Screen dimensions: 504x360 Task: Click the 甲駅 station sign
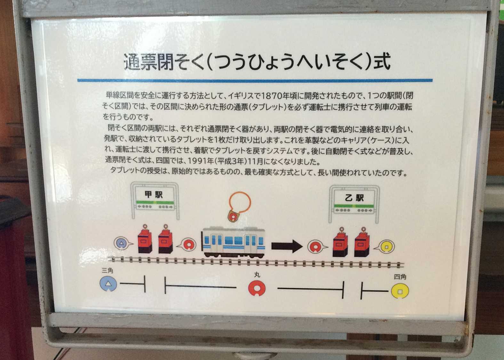pos(155,200)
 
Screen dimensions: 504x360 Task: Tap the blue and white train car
pos(233,242)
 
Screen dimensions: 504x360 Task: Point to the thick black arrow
pos(287,246)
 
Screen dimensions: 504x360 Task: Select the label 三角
pos(107,270)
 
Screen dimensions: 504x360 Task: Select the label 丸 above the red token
pos(257,275)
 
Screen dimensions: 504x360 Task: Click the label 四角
pos(400,277)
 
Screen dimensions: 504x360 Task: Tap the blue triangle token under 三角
pos(108,284)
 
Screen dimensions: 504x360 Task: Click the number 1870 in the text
pos(271,96)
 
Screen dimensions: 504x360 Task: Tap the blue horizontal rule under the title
pos(255,80)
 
